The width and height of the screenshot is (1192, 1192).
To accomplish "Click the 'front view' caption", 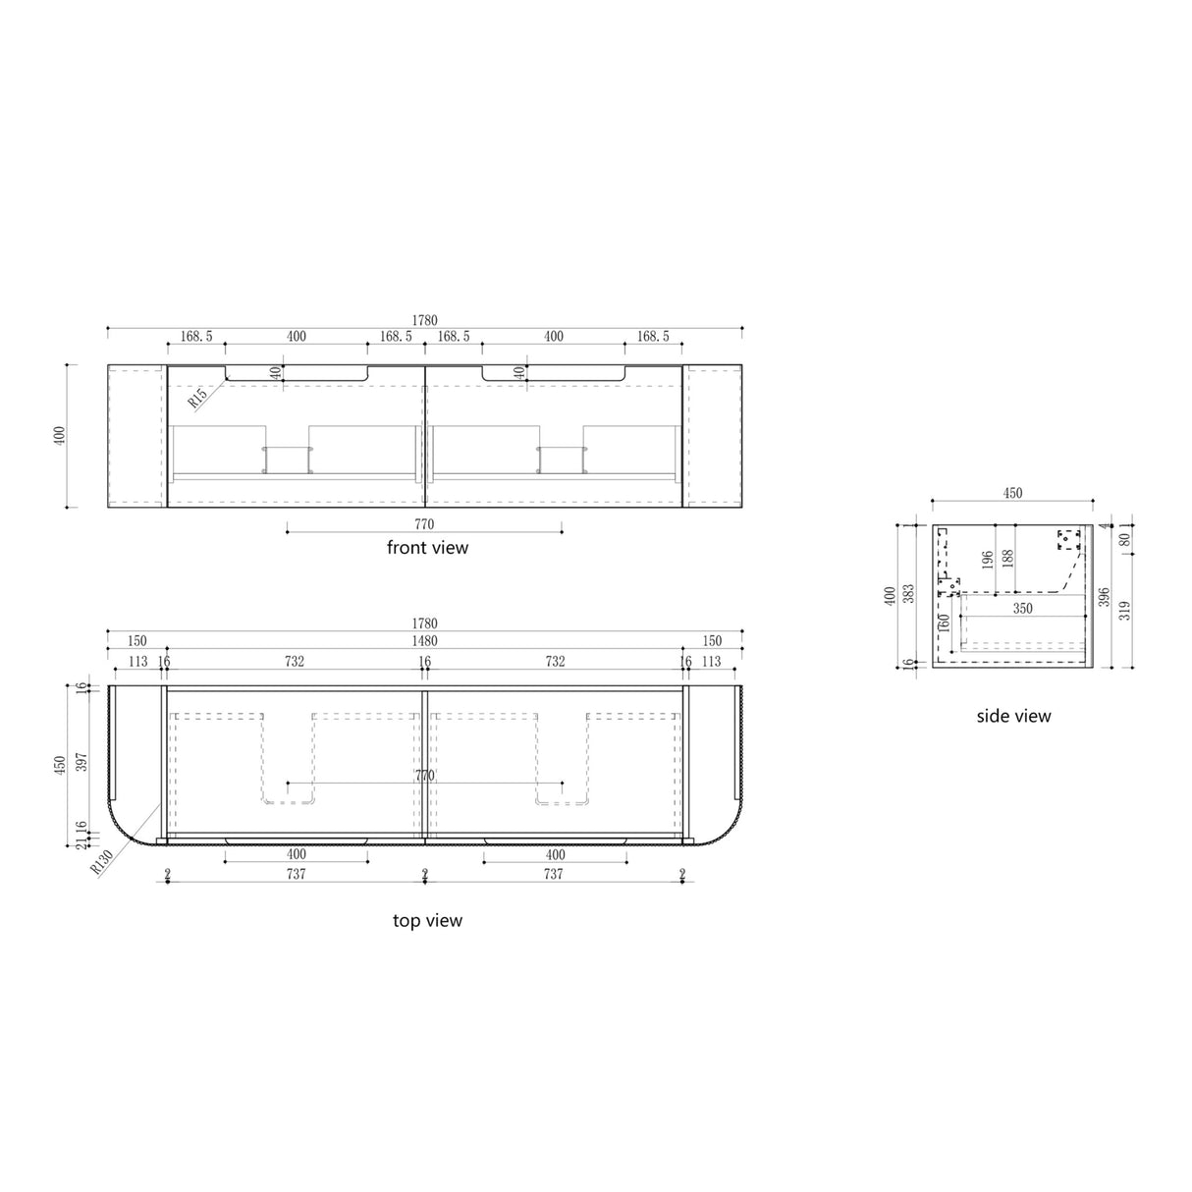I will coord(427,548).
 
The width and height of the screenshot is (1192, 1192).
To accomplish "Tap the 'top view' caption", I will coord(427,921).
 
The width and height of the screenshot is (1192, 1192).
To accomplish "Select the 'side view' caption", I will coord(1013,717).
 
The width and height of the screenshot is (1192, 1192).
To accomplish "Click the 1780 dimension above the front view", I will coord(424,321).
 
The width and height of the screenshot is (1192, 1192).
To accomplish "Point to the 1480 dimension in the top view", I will coord(424,641).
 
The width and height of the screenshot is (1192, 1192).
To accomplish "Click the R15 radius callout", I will coord(197,397).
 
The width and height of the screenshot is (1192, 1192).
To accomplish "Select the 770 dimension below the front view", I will coord(424,525).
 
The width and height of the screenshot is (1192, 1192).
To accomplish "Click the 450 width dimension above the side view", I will coord(1011,494).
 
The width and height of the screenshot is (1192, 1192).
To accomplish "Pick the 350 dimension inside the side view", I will coord(1023,609).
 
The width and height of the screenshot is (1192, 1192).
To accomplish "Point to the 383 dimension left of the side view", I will coord(909,593).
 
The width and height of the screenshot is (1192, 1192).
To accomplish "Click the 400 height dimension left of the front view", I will coord(59,436).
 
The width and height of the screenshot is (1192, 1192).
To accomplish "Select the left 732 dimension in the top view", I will coord(295,662).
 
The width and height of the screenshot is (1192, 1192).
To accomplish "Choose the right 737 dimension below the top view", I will coord(554,874).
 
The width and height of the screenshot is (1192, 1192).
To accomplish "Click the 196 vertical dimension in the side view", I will coord(988,562).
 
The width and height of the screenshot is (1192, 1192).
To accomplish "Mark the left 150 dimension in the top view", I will coord(136,641).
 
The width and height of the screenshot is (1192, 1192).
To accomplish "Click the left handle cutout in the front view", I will coord(297,374).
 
